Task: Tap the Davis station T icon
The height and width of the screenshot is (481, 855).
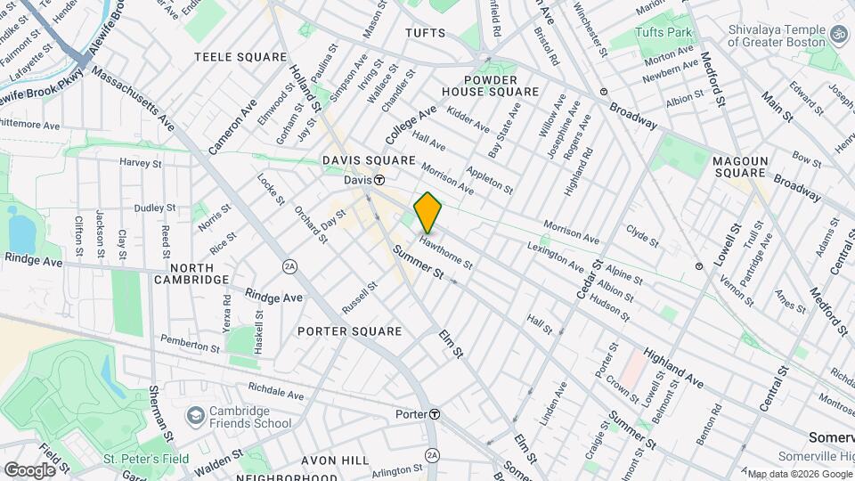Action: (379, 180)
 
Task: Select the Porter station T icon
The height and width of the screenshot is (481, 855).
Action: (434, 414)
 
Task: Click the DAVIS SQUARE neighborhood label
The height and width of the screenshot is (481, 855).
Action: (369, 160)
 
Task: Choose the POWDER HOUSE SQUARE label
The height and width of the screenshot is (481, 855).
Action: (490, 85)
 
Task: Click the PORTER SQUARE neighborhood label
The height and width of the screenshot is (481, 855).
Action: (350, 331)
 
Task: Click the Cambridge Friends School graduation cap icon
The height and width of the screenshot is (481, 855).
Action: (195, 416)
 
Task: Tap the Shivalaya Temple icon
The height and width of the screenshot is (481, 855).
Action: (837, 33)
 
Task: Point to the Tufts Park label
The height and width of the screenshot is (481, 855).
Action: (664, 32)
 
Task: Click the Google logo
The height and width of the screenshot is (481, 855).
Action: (29, 469)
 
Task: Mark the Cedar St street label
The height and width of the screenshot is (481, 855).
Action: (583, 280)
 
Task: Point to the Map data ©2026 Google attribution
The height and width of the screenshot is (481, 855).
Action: (799, 473)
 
